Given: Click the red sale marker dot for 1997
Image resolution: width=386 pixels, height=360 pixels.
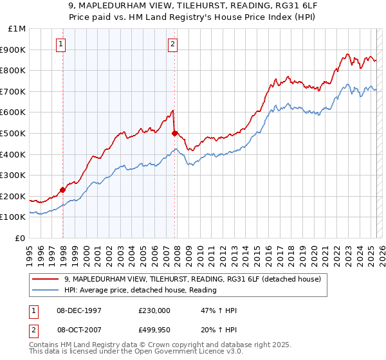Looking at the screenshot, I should click(x=63, y=190).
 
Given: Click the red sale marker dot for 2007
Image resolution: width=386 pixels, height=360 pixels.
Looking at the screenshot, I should click(x=175, y=133).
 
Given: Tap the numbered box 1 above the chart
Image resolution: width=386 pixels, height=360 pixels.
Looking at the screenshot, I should click(x=60, y=44).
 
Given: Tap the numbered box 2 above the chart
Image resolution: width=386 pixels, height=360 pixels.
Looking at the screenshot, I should click(x=172, y=44).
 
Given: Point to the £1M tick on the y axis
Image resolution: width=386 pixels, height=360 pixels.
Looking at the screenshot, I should click(x=17, y=29).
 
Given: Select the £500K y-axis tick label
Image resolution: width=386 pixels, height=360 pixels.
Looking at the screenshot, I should click(x=14, y=133).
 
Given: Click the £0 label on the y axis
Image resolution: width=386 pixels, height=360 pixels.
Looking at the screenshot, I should click(x=21, y=238).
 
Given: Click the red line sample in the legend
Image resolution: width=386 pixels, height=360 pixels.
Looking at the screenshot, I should click(x=46, y=279).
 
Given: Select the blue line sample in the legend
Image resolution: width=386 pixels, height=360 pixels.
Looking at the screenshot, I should click(x=46, y=290).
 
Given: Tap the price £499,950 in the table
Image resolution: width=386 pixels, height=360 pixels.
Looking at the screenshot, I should click(x=154, y=330).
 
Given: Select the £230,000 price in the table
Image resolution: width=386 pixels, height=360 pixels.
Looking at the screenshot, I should click(x=154, y=310).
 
